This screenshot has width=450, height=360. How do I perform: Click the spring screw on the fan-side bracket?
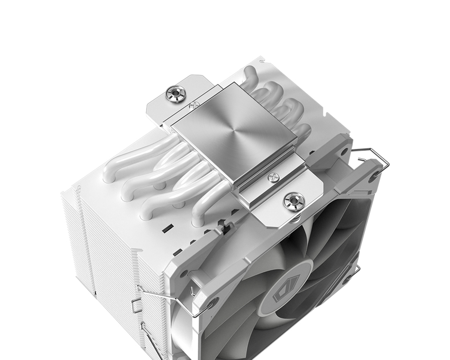tap(291, 201)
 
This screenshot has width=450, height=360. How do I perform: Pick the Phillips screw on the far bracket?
tap(193, 106)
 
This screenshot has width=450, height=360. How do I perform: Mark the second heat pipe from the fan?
tap(176, 195)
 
